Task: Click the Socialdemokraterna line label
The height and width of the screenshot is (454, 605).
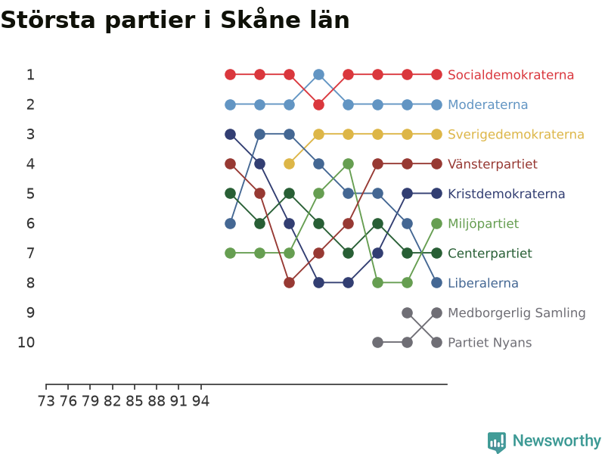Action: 510,75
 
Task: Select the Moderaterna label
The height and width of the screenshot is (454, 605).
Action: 488,104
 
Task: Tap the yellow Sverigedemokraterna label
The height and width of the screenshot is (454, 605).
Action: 516,135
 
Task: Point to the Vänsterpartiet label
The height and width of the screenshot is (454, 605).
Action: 492,164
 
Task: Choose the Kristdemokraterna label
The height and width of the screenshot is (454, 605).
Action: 506,194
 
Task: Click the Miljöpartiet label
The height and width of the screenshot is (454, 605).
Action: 483,223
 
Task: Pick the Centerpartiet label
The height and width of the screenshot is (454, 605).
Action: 489,253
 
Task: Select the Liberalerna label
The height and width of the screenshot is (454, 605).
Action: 482,283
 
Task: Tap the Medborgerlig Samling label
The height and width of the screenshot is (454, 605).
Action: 517,313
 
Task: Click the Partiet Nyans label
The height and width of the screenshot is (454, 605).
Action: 489,343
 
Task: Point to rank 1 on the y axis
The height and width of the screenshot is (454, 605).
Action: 30,74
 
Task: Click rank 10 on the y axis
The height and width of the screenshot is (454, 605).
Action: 26,342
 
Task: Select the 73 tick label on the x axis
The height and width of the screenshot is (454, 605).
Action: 46,401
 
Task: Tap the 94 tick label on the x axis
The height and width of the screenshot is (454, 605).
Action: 200,401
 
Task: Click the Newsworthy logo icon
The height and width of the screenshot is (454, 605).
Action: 497,442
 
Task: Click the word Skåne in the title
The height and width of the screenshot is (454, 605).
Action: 260,20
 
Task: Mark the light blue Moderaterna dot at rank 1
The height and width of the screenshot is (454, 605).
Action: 318,74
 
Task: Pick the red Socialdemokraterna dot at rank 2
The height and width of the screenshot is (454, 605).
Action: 318,104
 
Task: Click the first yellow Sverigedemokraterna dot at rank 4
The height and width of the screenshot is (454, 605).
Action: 289,164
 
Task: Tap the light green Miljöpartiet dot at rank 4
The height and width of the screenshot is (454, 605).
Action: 349,164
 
